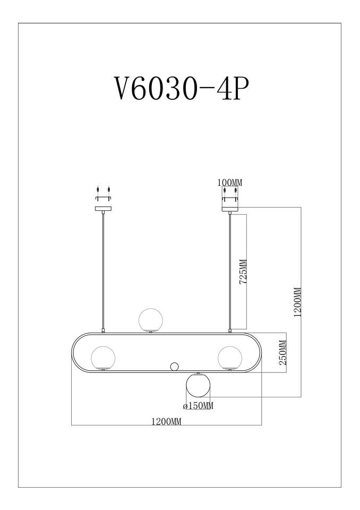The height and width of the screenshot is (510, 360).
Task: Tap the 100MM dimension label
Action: point(230,182)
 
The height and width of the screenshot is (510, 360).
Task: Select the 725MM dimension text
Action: point(243,271)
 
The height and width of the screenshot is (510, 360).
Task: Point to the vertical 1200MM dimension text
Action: point(297,302)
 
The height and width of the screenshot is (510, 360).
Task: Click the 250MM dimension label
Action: point(283,353)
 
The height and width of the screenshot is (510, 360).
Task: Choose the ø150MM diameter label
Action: point(198,406)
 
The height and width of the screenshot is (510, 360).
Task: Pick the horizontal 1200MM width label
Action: point(166,421)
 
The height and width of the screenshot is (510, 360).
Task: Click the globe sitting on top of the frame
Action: point(150,320)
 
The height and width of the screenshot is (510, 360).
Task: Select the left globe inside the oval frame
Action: point(103,358)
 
